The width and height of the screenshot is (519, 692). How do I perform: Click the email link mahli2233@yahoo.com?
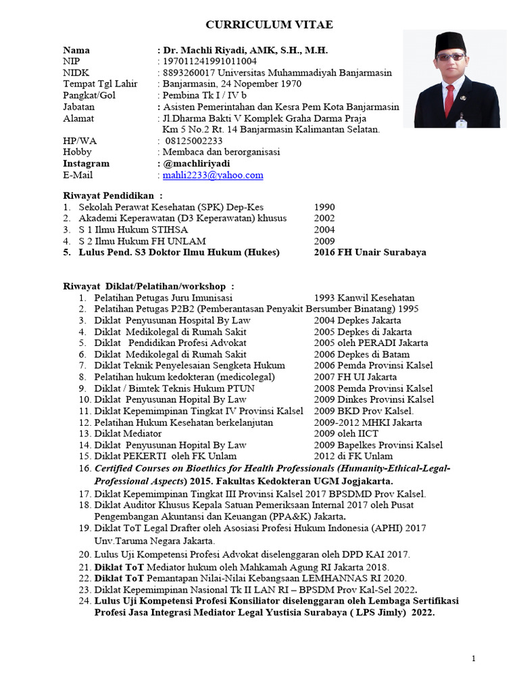[x=213, y=175]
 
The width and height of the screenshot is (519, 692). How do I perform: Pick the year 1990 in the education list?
[x=324, y=207]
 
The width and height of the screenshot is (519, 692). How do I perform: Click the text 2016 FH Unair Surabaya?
[x=370, y=252]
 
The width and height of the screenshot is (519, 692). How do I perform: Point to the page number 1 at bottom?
[x=474, y=658]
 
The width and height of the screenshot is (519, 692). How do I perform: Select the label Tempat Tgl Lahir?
[x=100, y=84]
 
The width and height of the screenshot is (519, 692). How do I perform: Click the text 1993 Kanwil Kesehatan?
[x=364, y=297]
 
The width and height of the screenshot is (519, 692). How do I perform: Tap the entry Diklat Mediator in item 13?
[x=128, y=433]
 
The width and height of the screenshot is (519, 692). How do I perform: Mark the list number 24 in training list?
[x=84, y=601]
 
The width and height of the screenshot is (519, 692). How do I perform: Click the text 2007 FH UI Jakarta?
[x=355, y=376]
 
